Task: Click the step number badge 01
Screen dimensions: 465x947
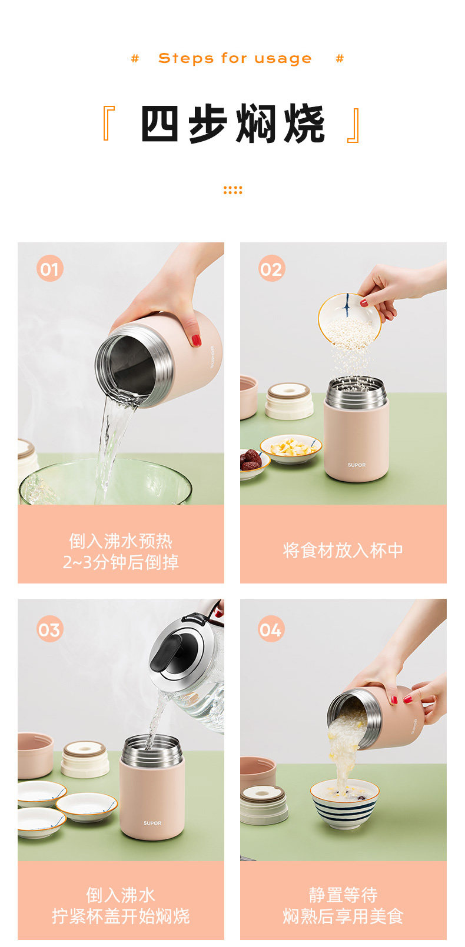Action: [50, 268]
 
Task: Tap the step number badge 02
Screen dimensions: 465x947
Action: [271, 268]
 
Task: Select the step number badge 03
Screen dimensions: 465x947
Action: [50, 629]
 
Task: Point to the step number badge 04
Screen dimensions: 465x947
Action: [271, 629]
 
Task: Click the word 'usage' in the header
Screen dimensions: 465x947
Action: [283, 58]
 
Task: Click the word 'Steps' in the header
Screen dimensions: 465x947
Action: [186, 58]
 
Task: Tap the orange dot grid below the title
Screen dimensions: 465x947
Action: [232, 190]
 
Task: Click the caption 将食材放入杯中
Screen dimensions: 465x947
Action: [343, 551]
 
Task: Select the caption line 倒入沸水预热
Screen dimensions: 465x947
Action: [121, 541]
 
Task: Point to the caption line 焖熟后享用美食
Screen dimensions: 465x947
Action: [343, 916]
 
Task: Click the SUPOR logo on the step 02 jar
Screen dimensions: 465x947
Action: [357, 465]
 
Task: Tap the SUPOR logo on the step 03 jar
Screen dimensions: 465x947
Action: [152, 823]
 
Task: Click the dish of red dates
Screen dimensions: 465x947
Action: [253, 464]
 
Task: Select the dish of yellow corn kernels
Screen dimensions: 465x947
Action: [291, 449]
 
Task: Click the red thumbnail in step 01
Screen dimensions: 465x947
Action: [197, 340]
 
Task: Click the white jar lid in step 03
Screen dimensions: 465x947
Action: [85, 759]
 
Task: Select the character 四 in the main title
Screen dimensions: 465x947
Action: [159, 124]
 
